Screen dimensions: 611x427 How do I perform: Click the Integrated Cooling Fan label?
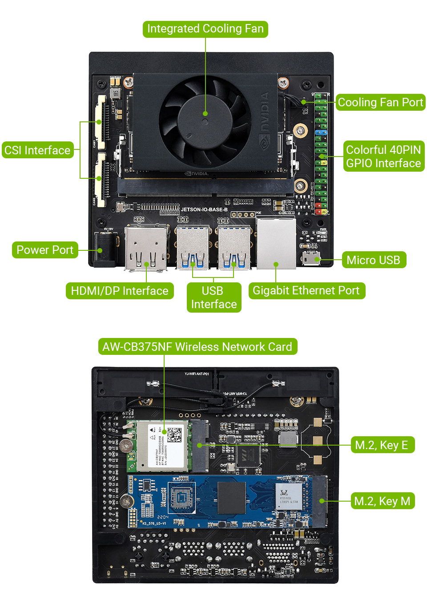pyautogui.click(x=205, y=29)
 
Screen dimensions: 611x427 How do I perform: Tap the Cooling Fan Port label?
pyautogui.click(x=380, y=102)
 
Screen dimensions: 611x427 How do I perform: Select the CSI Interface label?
pyautogui.click(x=37, y=150)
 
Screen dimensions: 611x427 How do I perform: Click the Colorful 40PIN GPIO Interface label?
pyautogui.click(x=383, y=157)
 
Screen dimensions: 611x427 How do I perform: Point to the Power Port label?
pyautogui.click(x=44, y=250)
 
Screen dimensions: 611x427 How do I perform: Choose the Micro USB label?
pyautogui.click(x=373, y=260)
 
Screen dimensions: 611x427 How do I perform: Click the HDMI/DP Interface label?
pyautogui.click(x=120, y=291)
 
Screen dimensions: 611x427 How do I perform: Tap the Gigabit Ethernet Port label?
pyautogui.click(x=306, y=291)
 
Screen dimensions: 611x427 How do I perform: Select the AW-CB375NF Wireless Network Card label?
pyautogui.click(x=197, y=347)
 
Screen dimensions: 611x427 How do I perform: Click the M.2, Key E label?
pyautogui.click(x=382, y=445)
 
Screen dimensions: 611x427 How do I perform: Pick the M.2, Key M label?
pyautogui.click(x=382, y=501)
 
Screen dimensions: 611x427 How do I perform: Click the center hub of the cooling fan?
pyautogui.click(x=205, y=114)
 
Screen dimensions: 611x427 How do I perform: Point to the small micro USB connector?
pyautogui.click(x=310, y=258)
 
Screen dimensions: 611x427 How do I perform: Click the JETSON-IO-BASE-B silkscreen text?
pyautogui.click(x=204, y=209)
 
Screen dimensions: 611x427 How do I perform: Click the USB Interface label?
pyautogui.click(x=214, y=297)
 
